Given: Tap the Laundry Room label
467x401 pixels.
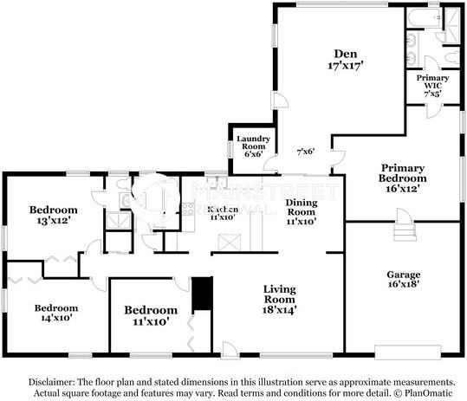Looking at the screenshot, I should (x=252, y=146).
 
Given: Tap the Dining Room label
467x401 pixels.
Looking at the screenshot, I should (x=302, y=210).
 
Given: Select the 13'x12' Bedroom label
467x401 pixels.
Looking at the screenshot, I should (x=54, y=215).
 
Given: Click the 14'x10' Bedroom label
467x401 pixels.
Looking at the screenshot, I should (x=56, y=313).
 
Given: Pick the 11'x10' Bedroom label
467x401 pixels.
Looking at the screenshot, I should (x=151, y=315).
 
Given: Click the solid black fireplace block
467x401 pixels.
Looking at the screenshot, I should (x=203, y=292).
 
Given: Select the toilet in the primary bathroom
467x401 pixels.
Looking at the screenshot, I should (x=450, y=56).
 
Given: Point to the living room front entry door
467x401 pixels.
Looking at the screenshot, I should (x=229, y=349).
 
